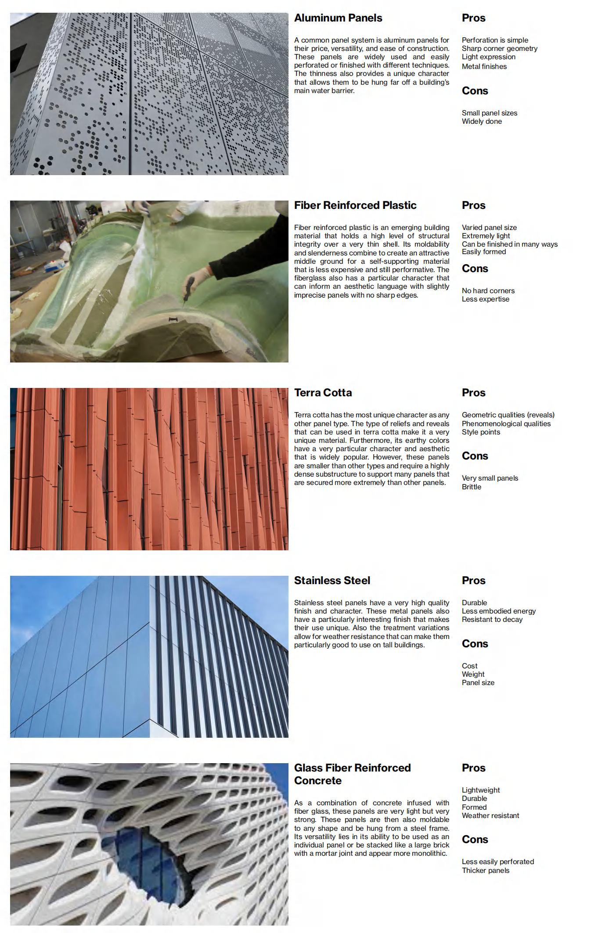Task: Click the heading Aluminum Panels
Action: (338, 18)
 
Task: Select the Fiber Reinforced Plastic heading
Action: (355, 205)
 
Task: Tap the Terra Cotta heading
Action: (323, 393)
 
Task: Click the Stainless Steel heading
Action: (332, 581)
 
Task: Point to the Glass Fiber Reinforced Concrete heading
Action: (352, 774)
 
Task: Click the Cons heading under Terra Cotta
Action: (475, 456)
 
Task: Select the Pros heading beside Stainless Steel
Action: (473, 581)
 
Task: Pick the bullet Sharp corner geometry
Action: (499, 49)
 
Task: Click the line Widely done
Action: (481, 122)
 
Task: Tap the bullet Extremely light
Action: (486, 236)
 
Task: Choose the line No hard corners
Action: (488, 291)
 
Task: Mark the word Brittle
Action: (471, 487)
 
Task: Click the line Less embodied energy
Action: (498, 611)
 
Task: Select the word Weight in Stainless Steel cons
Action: (473, 675)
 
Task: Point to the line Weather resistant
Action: (490, 816)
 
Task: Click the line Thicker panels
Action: (485, 871)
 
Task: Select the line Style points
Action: (481, 432)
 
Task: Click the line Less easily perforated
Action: (498, 862)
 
